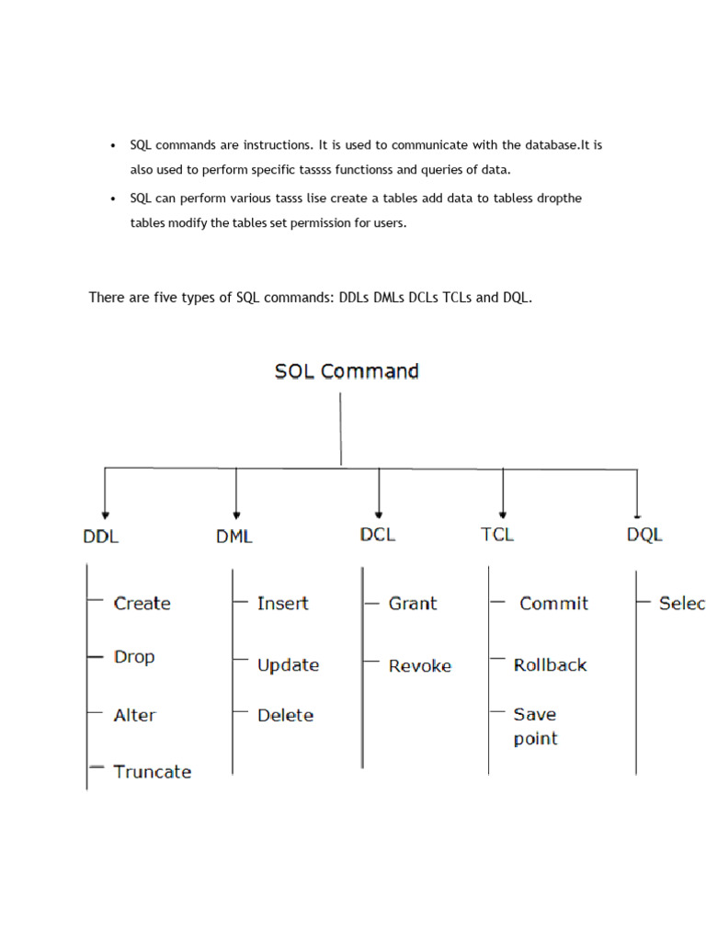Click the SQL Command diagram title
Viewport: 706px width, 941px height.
(x=347, y=371)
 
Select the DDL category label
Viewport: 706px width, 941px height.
(x=101, y=536)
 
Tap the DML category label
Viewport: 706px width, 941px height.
(x=234, y=536)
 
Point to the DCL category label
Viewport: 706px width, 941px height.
(x=378, y=534)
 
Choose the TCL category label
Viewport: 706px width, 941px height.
(x=497, y=534)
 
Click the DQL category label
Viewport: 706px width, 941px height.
(x=644, y=535)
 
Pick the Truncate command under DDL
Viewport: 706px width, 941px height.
(x=153, y=772)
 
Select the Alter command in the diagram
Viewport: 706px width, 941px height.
(x=134, y=715)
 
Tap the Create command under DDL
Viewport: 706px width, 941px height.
(x=142, y=604)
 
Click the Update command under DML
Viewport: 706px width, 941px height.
(x=288, y=664)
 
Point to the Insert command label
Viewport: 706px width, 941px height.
(x=282, y=604)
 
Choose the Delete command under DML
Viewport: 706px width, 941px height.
(x=285, y=715)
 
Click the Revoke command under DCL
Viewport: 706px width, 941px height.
(x=420, y=665)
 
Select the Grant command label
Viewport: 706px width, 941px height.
(x=413, y=604)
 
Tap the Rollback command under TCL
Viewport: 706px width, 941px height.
(x=550, y=664)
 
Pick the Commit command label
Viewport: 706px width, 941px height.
(x=553, y=604)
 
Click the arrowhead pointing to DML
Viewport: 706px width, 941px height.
(x=237, y=515)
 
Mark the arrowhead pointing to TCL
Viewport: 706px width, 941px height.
(x=503, y=515)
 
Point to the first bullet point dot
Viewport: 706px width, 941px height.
(x=112, y=146)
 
